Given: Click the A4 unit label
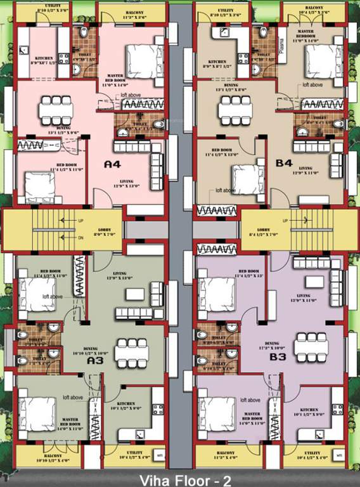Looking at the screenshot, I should click(x=112, y=164).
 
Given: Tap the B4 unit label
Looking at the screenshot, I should click(x=284, y=162).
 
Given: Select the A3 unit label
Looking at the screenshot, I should click(x=95, y=360).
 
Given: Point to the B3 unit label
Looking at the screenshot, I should click(x=278, y=357).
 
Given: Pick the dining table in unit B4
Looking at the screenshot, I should click(x=235, y=109).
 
